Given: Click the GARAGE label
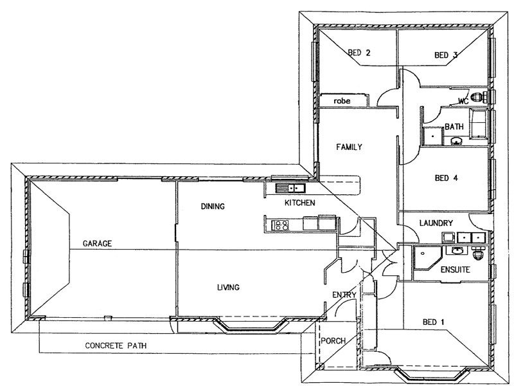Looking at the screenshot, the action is click(x=97, y=244).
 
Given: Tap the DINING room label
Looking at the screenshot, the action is click(x=213, y=207).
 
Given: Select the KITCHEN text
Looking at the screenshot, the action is click(x=299, y=203).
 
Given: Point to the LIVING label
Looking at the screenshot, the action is click(x=229, y=288).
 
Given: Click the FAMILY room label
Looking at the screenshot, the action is click(x=349, y=147).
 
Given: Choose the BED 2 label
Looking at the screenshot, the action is click(x=359, y=53).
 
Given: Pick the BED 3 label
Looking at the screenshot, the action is click(x=446, y=55).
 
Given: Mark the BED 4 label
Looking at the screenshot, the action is click(x=446, y=178).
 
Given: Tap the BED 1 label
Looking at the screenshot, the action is click(x=433, y=322).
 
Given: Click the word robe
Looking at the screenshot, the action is click(x=342, y=101).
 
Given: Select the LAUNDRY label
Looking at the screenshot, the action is click(x=436, y=223).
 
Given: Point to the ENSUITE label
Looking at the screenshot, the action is click(x=456, y=270).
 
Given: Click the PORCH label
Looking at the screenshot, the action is click(x=333, y=341).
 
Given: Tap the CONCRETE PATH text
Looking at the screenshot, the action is click(x=116, y=345).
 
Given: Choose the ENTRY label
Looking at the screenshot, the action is click(x=344, y=295).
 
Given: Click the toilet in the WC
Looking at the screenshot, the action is click(x=479, y=97).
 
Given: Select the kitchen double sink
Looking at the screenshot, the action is click(x=290, y=188).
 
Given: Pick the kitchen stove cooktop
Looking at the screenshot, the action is click(x=281, y=225).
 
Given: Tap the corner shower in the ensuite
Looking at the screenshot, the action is click(x=427, y=259).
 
